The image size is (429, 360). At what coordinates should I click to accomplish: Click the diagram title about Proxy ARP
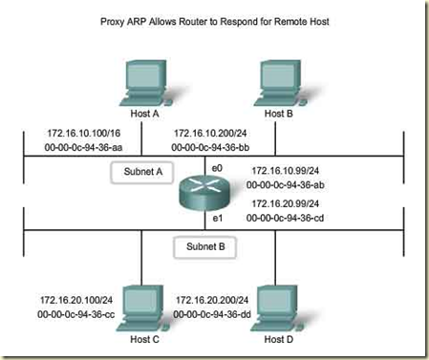coord(214,20)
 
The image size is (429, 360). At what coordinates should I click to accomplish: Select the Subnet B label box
coord(203,245)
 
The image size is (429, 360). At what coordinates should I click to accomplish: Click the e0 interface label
coord(217,167)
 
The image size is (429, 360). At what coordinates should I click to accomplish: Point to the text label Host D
coord(275,341)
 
